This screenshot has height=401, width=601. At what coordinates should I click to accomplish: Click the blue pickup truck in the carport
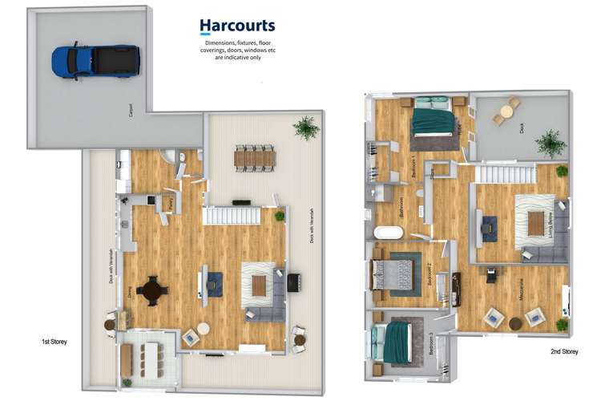[95, 61]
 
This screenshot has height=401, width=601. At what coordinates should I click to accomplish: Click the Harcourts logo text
[237, 26]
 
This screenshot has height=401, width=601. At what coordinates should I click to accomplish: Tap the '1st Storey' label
[54, 342]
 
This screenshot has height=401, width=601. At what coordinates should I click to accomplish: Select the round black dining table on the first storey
[152, 290]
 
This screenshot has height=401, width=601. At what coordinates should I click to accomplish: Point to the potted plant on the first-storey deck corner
[305, 127]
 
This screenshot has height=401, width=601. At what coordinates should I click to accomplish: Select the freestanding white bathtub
[390, 233]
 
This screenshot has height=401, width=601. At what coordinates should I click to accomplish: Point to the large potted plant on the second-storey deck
[551, 143]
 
